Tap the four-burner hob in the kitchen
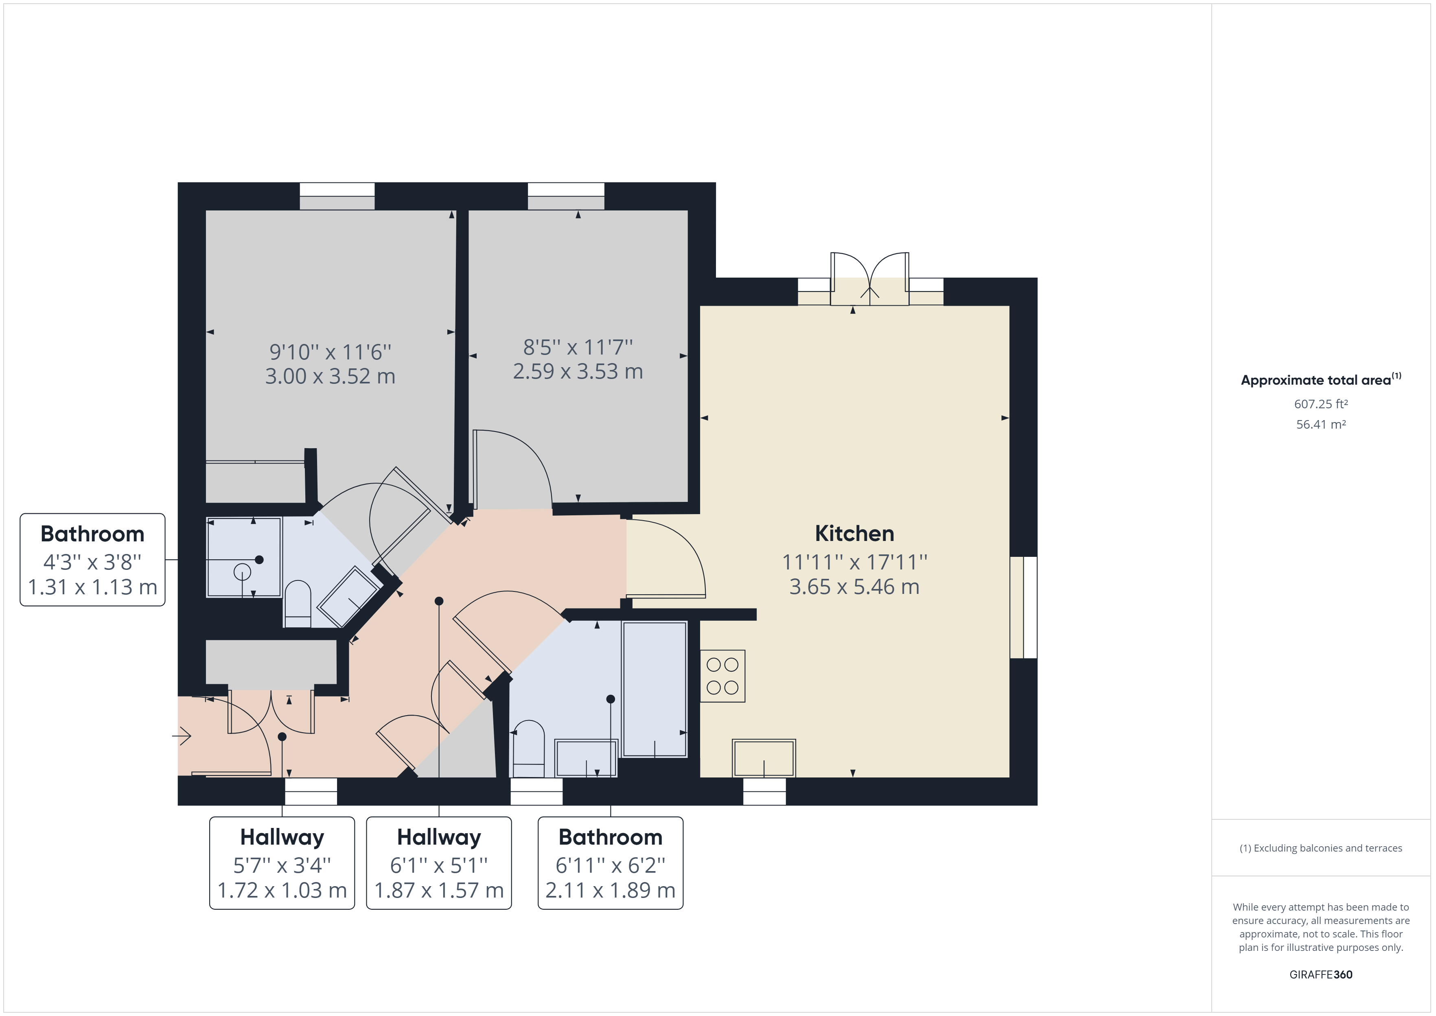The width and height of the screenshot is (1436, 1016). pyautogui.click(x=722, y=676)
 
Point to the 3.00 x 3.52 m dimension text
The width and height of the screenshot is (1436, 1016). pyautogui.click(x=330, y=377)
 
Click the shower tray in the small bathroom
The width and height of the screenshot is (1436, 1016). pyautogui.click(x=244, y=557)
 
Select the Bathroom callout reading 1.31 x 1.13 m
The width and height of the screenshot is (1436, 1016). pyautogui.click(x=92, y=560)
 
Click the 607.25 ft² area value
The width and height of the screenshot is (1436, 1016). pyautogui.click(x=1320, y=404)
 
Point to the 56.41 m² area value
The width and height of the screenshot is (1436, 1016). pyautogui.click(x=1320, y=424)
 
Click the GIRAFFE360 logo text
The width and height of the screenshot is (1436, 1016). pyautogui.click(x=1320, y=974)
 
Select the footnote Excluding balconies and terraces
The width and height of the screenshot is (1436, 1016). pyautogui.click(x=1320, y=848)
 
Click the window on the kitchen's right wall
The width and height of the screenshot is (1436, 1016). pyautogui.click(x=1023, y=607)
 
